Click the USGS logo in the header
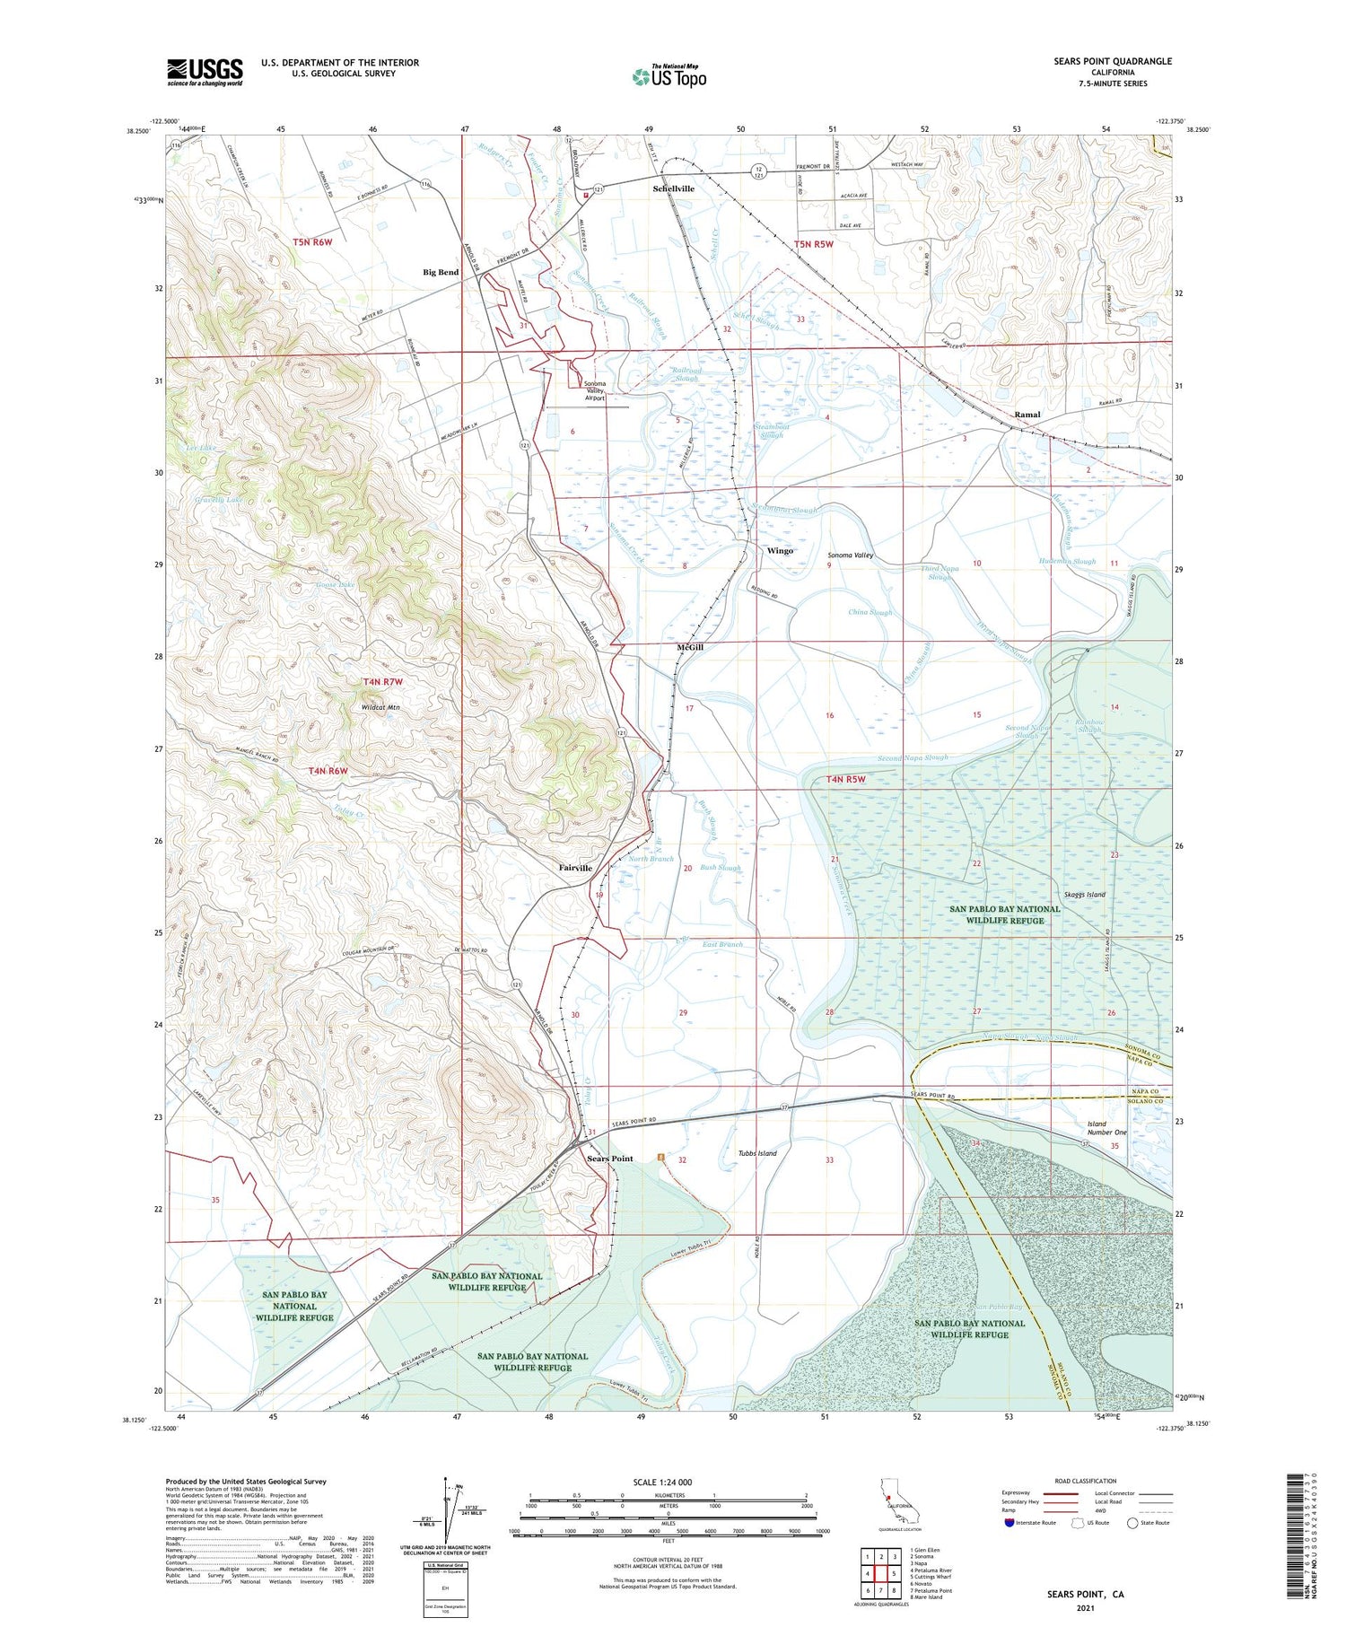(x=205, y=72)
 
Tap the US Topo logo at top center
(x=669, y=76)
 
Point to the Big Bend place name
(x=441, y=272)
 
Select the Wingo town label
(x=780, y=550)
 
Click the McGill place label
(x=689, y=647)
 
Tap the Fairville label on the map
(x=575, y=868)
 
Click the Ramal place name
(x=1027, y=415)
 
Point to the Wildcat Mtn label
(x=380, y=708)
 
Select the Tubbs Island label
(x=757, y=1153)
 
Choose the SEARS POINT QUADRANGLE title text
(x=1113, y=61)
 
